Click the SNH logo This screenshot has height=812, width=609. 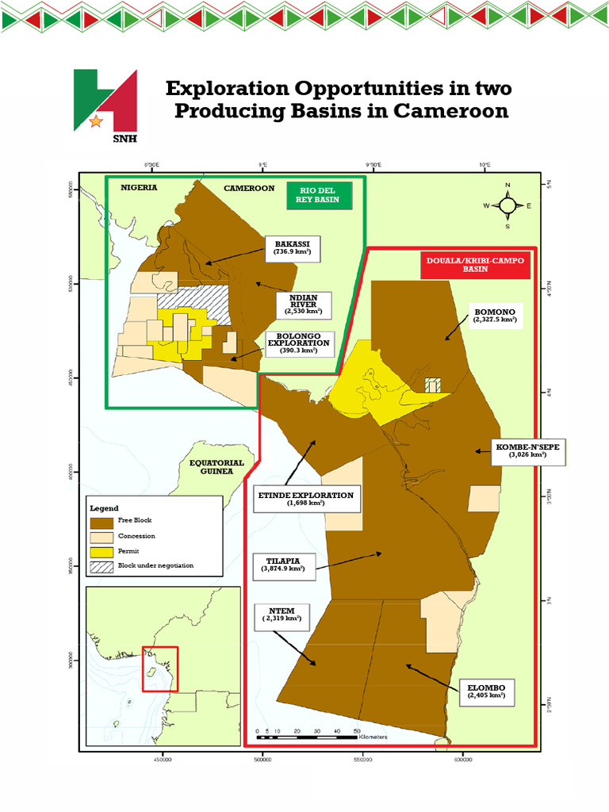click(x=105, y=101)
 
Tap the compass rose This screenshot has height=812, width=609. click(x=507, y=205)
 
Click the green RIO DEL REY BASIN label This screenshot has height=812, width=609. click(x=319, y=194)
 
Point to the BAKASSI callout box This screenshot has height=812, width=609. click(x=292, y=247)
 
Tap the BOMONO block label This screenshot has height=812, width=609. click(x=496, y=315)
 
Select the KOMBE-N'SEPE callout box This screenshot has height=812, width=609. click(x=528, y=450)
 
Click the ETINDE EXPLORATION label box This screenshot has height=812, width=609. click(x=305, y=499)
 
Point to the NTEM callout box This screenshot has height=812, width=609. click(x=282, y=616)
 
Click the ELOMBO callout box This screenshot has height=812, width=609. click(x=487, y=691)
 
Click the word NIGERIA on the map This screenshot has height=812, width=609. click(x=139, y=188)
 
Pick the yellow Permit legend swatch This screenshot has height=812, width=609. click(x=102, y=551)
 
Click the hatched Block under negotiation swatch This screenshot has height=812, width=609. click(x=102, y=566)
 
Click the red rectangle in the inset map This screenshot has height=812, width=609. click(x=160, y=668)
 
